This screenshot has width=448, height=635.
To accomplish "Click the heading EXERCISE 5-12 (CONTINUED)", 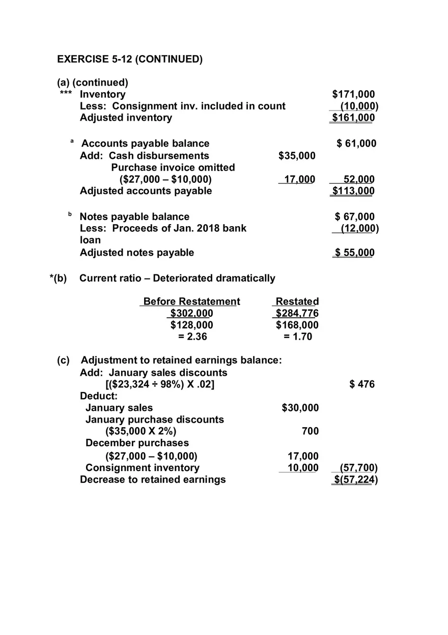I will coord(130,59).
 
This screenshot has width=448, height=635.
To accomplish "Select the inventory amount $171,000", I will coord(353,94).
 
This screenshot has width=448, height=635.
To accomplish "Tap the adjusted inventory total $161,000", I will coord(353,118).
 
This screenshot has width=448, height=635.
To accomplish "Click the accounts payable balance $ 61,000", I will coord(356,144).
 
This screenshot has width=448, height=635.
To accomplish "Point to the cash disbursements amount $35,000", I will coord(297,156).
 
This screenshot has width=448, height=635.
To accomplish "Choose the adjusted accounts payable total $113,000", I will coord(353,191).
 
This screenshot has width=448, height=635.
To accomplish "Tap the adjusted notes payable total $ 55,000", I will coord(354,253).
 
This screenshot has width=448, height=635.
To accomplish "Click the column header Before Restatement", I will coord(191,301).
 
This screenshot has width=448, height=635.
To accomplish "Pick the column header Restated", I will coord(297,301).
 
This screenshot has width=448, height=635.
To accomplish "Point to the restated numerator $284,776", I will coord(297,313).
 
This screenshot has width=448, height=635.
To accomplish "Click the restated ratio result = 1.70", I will coord(297,337).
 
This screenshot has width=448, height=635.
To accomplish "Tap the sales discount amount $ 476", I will coord(362,384).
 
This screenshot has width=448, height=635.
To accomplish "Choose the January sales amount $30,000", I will coord(300,408).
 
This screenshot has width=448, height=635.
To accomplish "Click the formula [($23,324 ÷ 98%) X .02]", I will coord(160,384).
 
